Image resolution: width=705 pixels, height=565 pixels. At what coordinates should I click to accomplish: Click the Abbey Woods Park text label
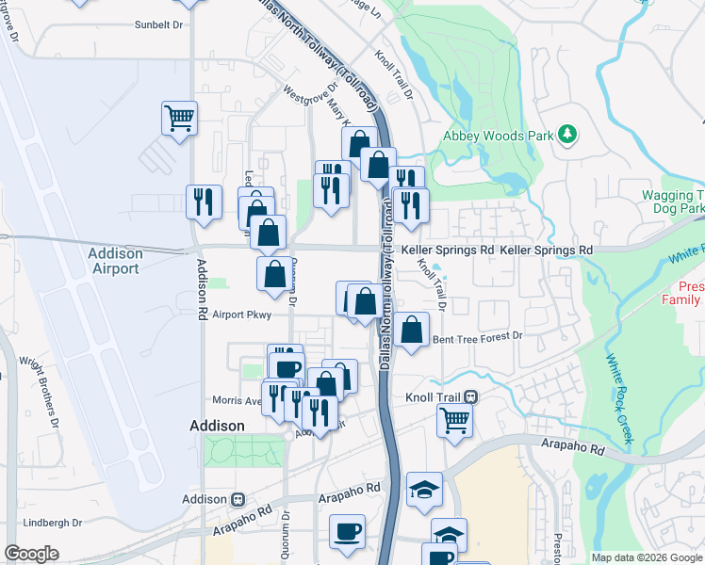point(499,136)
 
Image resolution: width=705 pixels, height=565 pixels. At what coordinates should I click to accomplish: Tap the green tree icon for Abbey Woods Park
point(567,135)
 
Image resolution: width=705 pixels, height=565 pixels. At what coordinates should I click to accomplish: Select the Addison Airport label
point(115,261)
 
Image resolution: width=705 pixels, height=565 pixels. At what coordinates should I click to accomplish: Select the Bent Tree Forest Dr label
point(476,336)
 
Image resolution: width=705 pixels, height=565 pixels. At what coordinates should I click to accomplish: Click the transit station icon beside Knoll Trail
point(469,397)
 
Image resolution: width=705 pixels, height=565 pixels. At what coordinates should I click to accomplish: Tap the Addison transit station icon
point(238,499)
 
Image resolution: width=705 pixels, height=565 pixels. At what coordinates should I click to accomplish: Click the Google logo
point(32,554)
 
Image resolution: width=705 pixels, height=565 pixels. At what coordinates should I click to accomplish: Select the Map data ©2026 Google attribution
point(646,557)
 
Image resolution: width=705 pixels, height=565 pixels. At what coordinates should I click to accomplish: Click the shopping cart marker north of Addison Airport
point(179,119)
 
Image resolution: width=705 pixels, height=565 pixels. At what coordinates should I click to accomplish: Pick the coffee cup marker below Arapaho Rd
point(346,531)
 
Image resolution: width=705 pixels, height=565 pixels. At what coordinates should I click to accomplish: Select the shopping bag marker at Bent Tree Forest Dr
point(412,331)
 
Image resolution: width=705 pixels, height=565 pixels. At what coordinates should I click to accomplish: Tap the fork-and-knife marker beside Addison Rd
point(204,202)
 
